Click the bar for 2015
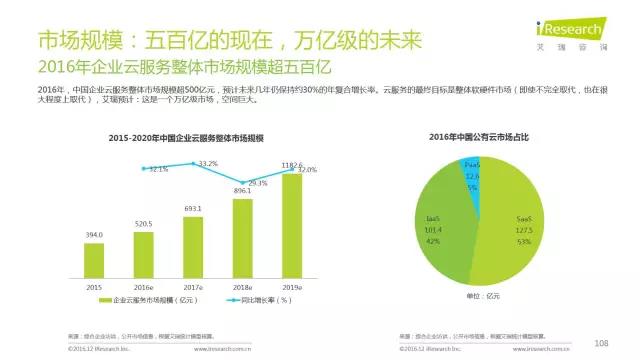tap(93, 258)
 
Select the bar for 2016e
tap(143, 252)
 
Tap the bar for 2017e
tap(193, 243)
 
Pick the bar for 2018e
tap(243, 235)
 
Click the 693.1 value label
tap(193, 209)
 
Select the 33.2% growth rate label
tap(208, 163)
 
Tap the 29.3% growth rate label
tap(258, 183)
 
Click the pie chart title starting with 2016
tap(479, 135)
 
